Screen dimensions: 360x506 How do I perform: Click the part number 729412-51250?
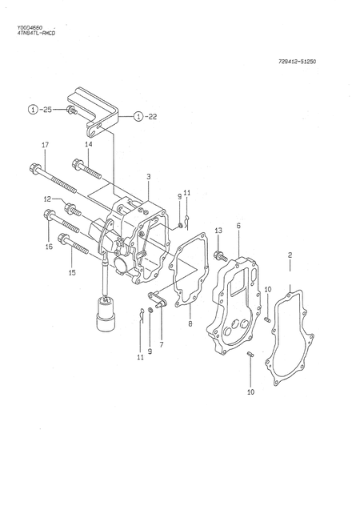(297, 62)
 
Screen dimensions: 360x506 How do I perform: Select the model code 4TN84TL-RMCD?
(36, 33)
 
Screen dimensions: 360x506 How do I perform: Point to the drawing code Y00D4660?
(30, 28)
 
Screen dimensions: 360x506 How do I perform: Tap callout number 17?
(45, 145)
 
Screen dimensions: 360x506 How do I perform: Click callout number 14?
(88, 144)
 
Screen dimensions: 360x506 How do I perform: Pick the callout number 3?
(148, 177)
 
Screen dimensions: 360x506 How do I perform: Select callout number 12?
(47, 199)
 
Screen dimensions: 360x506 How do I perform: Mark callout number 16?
(49, 247)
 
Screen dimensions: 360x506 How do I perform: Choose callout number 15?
(72, 273)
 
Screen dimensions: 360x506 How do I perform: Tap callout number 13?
(218, 231)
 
